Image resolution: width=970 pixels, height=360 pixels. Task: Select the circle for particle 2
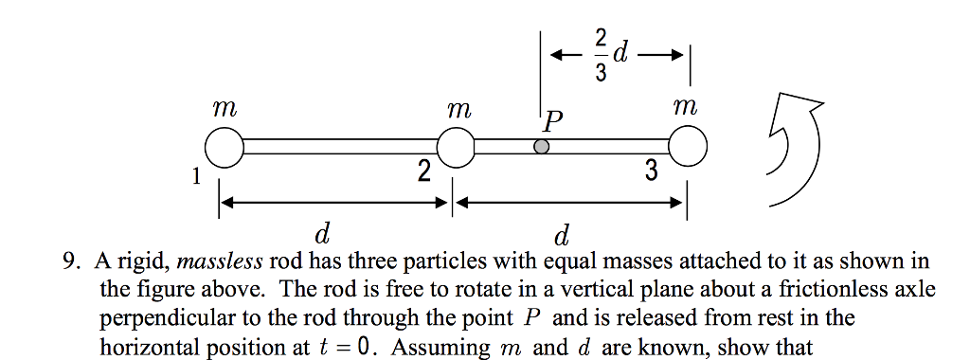pyautogui.click(x=456, y=148)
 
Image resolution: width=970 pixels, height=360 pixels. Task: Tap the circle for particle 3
pyautogui.click(x=688, y=148)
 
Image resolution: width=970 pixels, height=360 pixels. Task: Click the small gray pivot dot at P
pyautogui.click(x=541, y=148)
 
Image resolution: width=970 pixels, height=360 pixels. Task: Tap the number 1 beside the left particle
pyautogui.click(x=195, y=175)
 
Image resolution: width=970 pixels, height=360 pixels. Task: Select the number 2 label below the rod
pyautogui.click(x=422, y=171)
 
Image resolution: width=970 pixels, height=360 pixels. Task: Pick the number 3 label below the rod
pyautogui.click(x=650, y=171)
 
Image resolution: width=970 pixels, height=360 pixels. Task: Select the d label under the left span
pyautogui.click(x=322, y=231)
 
